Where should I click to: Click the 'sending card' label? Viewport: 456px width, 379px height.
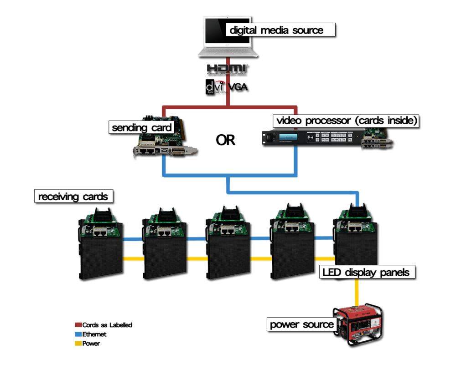coord(142,127)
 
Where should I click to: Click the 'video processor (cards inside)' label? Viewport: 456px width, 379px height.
coord(346,121)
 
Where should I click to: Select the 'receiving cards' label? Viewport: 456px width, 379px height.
coord(73,197)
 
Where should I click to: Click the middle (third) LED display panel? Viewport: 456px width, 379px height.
coord(228,257)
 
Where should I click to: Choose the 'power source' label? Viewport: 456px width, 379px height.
coord(301,324)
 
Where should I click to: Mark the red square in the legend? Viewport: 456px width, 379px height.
coord(78,325)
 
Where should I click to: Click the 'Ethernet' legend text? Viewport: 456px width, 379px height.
coord(94,334)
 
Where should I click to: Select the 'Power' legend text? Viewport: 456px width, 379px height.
coord(91,344)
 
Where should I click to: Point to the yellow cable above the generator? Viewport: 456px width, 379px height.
coord(357,293)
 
